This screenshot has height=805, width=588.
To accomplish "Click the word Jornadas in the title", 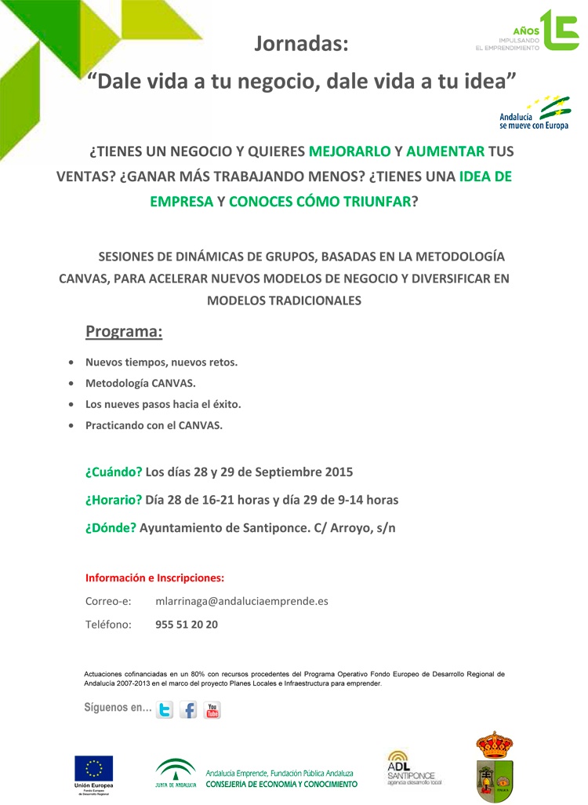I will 300,45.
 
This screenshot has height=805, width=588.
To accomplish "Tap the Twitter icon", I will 165,710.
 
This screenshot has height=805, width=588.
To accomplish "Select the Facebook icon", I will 188,710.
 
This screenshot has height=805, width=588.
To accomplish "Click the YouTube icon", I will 212,710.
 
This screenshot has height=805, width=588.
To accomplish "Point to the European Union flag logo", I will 94,768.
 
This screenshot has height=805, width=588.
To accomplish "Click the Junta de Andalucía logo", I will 176,773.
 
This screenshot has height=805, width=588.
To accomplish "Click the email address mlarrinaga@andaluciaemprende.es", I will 241,602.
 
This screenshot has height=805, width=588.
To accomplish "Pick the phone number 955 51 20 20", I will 187,625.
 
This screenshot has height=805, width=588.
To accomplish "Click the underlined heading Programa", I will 124,332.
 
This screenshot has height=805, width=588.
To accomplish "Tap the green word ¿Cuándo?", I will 114,472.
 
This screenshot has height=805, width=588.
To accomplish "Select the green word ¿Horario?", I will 114,500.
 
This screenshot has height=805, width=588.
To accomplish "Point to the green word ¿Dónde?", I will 111,527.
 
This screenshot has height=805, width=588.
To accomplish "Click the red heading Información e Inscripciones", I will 154,578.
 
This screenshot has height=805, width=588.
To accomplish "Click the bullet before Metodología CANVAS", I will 72,384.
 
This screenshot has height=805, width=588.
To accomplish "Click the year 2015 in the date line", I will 338,472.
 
